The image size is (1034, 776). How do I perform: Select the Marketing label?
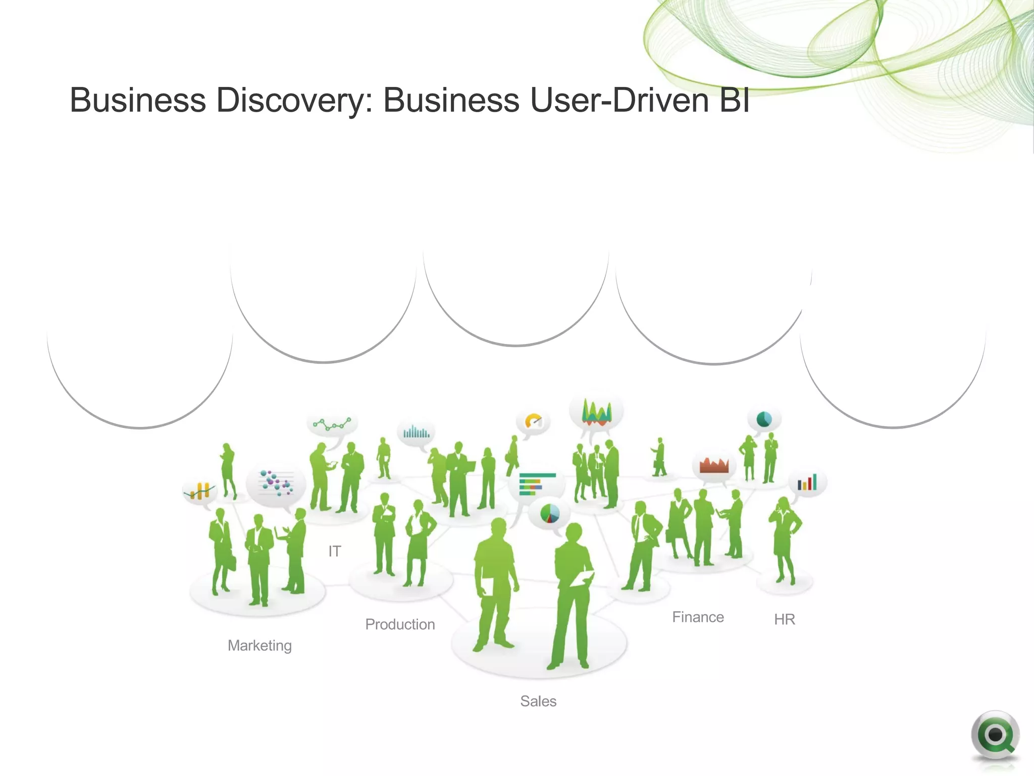(260, 646)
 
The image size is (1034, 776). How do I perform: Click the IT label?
(334, 551)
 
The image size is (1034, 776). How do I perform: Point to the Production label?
(400, 624)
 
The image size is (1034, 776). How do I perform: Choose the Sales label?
(538, 701)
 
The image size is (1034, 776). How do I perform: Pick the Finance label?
(698, 617)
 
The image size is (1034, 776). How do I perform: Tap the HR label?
(784, 619)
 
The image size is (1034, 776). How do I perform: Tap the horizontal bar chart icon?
(536, 484)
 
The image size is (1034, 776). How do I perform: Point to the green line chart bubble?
(332, 424)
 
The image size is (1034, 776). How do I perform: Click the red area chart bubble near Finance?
(713, 466)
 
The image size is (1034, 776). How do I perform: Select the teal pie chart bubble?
(764, 419)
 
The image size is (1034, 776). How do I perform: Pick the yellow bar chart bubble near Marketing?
(199, 491)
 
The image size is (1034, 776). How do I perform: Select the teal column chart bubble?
(416, 432)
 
